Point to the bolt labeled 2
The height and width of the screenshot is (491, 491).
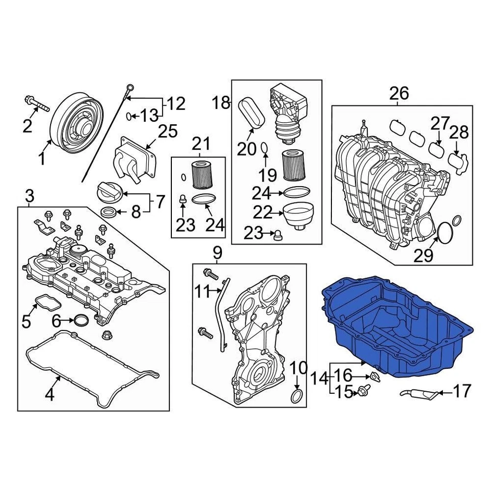(35, 105)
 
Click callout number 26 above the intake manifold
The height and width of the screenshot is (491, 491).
(399, 93)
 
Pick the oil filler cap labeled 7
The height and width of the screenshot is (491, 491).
(108, 194)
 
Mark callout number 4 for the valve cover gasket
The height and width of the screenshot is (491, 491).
(50, 394)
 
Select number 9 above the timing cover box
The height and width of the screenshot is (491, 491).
(217, 252)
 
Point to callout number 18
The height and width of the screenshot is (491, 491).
(222, 103)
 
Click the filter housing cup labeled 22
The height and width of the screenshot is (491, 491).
(297, 215)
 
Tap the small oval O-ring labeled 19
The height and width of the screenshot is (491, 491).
(264, 148)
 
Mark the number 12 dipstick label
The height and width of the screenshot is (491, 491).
(175, 104)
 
